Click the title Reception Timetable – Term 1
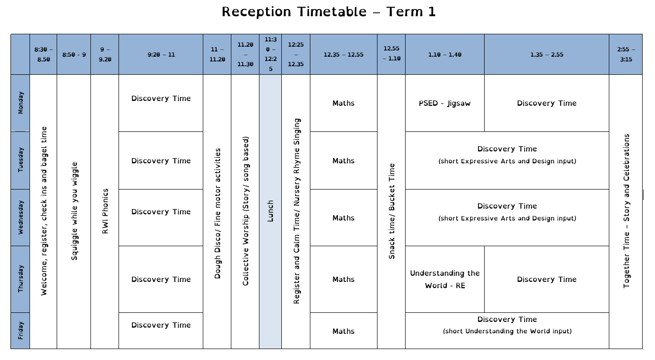[328, 12]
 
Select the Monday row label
[20, 103]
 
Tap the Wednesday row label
[20, 217]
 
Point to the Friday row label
[20, 330]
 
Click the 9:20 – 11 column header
[161, 54]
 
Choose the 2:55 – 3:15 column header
[626, 54]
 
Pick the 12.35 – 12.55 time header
[343, 54]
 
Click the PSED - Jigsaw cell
[445, 103]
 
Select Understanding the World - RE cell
[445, 279]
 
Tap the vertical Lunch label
[270, 211]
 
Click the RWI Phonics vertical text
[105, 211]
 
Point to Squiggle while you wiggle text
[74, 211]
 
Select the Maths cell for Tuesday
[343, 161]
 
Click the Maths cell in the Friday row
[343, 331]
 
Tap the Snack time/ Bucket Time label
[392, 211]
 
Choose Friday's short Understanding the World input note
[507, 331]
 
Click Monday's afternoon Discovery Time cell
[546, 103]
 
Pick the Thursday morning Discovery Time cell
[161, 279]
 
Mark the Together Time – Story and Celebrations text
[626, 211]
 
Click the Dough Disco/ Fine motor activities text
[217, 213]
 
